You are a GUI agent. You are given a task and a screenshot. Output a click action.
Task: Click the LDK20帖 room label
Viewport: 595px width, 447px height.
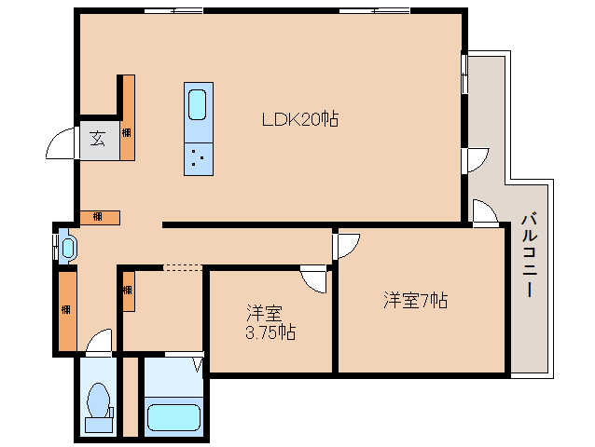298,119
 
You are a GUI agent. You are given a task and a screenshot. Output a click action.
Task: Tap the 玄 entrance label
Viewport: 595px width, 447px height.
97,140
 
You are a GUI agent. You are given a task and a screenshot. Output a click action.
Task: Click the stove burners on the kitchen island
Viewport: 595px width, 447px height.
198,157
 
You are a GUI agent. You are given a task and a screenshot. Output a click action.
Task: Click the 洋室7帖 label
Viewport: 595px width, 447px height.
416,300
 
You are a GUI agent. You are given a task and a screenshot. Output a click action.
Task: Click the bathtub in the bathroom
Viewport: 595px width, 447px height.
174,413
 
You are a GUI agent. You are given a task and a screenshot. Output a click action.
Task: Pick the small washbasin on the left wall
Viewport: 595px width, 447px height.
67,248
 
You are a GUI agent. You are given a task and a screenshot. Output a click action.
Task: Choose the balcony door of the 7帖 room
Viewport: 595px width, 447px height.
484,213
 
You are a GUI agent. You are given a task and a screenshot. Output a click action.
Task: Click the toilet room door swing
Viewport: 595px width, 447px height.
99,343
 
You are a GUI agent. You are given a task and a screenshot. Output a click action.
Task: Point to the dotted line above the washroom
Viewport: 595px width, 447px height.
182,268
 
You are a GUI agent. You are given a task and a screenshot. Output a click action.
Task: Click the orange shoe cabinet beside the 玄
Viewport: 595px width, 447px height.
128,116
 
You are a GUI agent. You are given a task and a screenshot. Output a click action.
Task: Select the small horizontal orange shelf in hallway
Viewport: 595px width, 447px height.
100,218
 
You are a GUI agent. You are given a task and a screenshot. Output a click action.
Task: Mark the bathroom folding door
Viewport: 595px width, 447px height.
198,363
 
